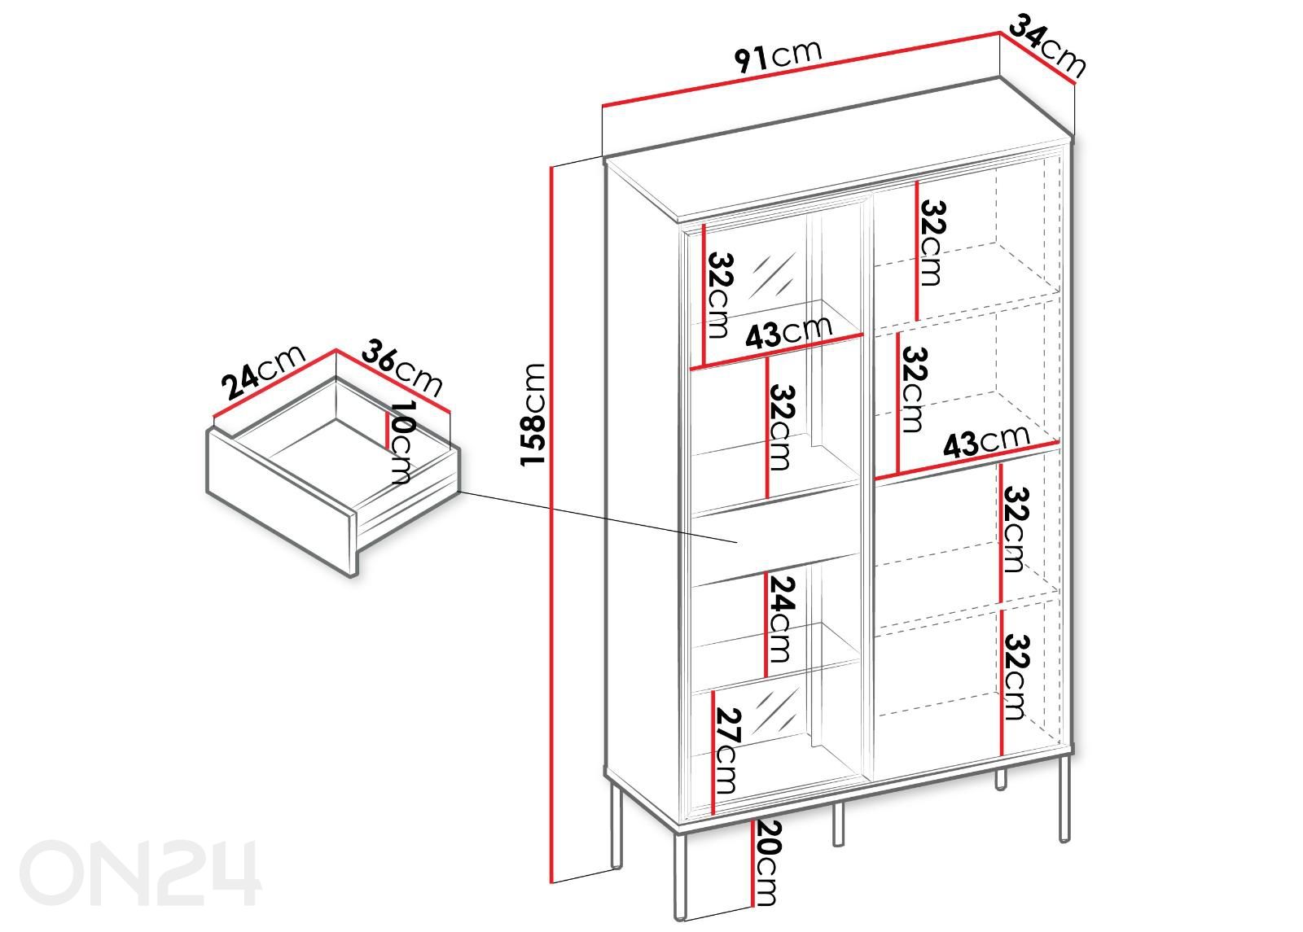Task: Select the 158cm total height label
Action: (533, 414)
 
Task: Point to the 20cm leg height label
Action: (766, 863)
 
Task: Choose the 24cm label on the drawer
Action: (262, 373)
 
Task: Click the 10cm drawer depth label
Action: (402, 443)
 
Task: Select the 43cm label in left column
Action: (789, 334)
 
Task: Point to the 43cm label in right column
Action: (986, 441)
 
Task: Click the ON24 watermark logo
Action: (139, 872)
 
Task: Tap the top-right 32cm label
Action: (931, 243)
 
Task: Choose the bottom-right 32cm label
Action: (1016, 677)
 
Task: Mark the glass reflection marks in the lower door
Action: (774, 711)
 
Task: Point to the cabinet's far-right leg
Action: (1064, 799)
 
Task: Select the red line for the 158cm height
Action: (551, 524)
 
